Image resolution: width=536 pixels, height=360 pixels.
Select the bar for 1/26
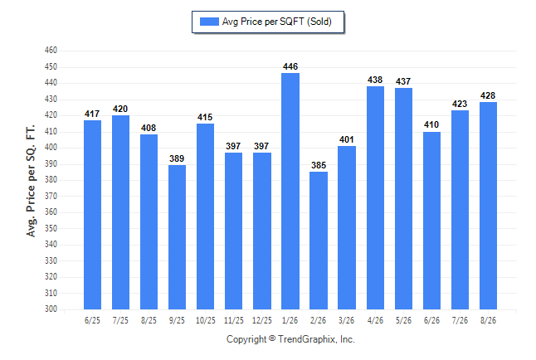pos(290,191)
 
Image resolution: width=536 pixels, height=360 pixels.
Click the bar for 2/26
pos(319,241)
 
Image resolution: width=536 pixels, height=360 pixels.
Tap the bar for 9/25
pos(177,237)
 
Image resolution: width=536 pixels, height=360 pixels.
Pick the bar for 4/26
pos(375,198)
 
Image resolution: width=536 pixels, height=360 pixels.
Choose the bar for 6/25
pos(92,215)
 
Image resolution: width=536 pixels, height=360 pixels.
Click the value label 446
pos(290,66)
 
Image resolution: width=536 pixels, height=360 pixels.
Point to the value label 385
pos(319,165)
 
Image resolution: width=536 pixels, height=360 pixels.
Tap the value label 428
pos(488,95)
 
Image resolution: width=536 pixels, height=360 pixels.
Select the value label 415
pos(205,117)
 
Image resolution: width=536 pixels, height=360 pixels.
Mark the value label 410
pos(431,124)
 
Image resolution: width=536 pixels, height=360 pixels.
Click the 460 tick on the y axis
pos(51,51)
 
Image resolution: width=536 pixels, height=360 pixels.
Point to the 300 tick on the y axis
pos(51,309)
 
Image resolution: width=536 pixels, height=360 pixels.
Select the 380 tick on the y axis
pos(51,180)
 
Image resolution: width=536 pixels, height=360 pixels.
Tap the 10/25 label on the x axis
pos(206,321)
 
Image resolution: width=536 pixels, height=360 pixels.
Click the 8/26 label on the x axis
pos(488,321)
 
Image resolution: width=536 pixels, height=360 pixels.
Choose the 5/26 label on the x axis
pos(403,321)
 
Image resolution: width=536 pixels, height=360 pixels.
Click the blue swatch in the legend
pos(209,22)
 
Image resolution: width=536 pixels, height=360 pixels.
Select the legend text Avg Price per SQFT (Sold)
pos(277,22)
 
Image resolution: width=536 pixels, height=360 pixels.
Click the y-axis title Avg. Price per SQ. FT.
pos(31,181)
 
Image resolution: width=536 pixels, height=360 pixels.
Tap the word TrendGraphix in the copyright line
pos(307,339)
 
